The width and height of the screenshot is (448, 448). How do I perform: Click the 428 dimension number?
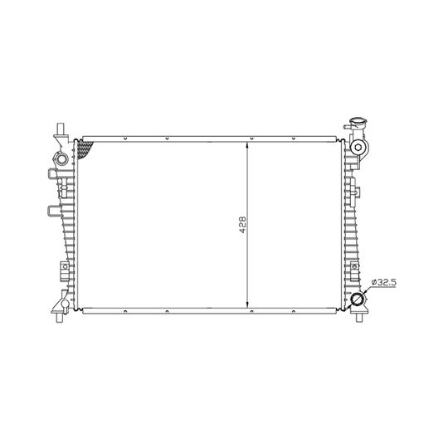242,225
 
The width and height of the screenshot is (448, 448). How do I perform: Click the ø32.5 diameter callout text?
383,283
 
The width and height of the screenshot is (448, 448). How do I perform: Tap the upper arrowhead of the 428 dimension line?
247,145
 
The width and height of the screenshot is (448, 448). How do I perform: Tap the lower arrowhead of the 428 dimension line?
247,304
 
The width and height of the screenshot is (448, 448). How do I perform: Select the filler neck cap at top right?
359,124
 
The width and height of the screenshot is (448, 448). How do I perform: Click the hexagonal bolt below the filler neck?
358,148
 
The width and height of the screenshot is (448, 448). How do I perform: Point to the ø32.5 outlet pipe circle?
357,299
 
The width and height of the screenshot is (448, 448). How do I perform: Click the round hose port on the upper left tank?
61,158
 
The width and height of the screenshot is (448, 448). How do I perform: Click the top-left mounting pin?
61,129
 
